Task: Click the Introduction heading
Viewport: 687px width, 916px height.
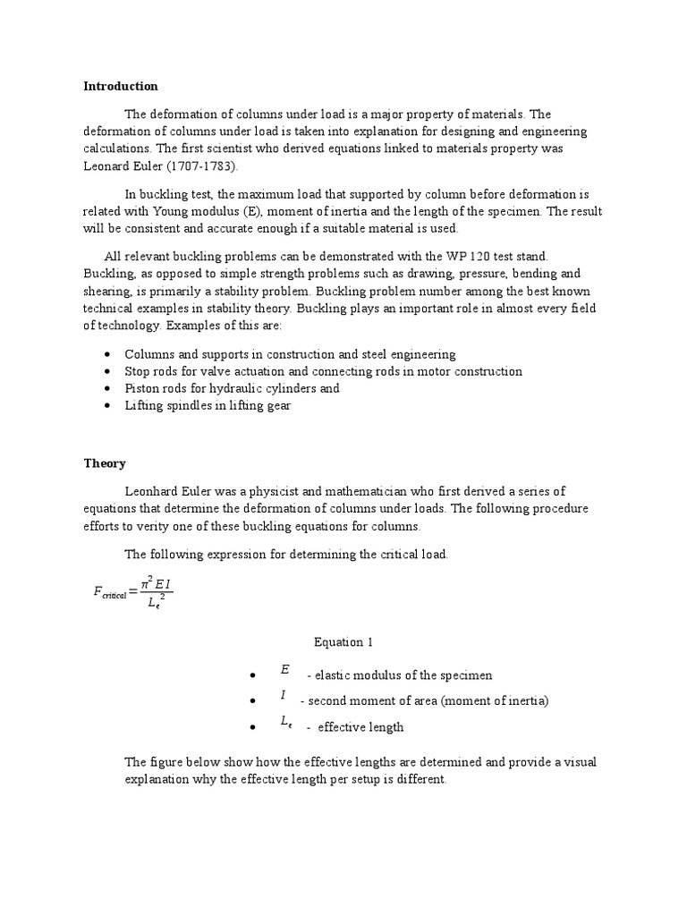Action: [121, 87]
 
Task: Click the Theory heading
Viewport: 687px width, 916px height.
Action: [105, 463]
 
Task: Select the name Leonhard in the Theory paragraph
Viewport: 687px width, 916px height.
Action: [153, 491]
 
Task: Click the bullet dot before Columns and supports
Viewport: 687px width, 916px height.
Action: [107, 354]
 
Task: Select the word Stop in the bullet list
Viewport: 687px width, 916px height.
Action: [137, 371]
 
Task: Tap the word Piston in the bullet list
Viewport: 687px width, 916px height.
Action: [141, 388]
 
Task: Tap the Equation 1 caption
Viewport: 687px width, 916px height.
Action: [343, 642]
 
